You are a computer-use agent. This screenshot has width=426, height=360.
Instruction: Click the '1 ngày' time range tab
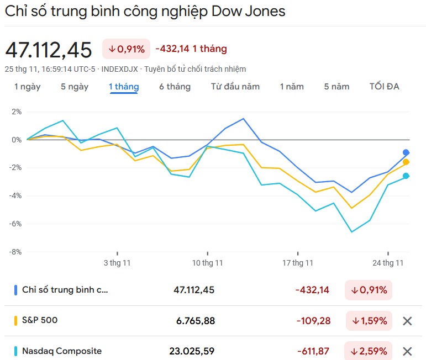coord(27,87)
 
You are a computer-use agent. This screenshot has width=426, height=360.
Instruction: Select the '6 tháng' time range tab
coord(175,87)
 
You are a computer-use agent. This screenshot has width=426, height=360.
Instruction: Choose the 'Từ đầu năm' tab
coord(235,87)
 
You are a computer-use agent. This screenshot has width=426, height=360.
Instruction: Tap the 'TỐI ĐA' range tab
coord(384,87)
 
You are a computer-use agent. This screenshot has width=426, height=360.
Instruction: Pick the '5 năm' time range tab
coord(336,87)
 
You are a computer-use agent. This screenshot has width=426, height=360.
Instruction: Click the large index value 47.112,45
coord(49,50)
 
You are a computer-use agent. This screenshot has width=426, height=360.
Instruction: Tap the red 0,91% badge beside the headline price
coord(127,49)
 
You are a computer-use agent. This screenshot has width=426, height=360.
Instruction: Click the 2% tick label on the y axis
coord(17,112)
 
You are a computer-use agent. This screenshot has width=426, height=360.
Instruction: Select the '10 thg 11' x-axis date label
coord(207,263)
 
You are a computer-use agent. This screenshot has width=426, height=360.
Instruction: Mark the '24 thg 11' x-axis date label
coord(388,263)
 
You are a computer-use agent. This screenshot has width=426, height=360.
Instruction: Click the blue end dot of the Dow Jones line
coord(406,152)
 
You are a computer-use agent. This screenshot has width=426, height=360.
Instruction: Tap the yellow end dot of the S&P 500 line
coord(406,162)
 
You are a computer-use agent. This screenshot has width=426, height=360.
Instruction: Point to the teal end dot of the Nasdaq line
coord(406,176)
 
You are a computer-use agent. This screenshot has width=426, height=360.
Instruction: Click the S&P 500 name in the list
coord(40,320)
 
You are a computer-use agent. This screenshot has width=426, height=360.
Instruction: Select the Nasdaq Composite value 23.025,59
coord(192,351)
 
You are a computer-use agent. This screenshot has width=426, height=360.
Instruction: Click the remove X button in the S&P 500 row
coord(407,321)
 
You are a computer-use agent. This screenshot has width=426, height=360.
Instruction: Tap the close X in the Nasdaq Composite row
coord(407,351)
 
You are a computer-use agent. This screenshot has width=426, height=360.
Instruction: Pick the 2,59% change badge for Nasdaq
coord(369,351)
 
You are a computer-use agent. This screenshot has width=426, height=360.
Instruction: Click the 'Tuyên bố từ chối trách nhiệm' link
coord(195,69)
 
